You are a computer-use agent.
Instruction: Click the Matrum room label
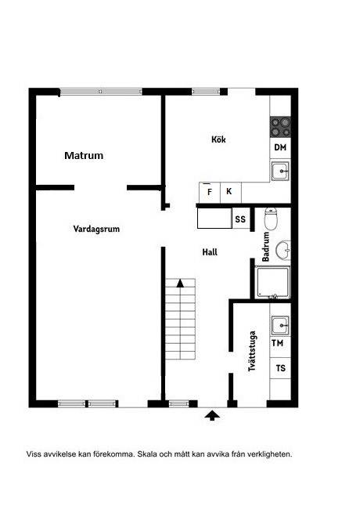click(84, 155)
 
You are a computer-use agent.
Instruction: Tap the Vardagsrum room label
click(96, 229)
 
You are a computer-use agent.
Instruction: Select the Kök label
click(218, 139)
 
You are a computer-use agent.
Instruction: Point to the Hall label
click(210, 252)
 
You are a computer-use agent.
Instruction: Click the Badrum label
click(266, 247)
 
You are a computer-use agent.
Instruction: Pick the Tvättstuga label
click(252, 351)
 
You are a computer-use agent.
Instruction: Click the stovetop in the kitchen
click(280, 127)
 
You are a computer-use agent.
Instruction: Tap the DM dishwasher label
click(280, 147)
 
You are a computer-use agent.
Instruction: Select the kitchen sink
click(280, 171)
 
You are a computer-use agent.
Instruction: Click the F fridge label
click(210, 192)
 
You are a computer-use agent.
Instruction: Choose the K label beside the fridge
click(229, 191)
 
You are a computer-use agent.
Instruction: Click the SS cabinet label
click(240, 219)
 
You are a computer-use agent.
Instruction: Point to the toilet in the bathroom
click(271, 219)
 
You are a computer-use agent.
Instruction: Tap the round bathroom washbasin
click(283, 250)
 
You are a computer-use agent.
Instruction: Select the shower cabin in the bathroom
click(273, 283)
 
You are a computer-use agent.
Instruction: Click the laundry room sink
click(280, 325)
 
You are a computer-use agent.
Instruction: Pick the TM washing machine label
click(277, 343)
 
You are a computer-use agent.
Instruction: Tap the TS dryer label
click(280, 368)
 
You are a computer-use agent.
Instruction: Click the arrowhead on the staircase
click(180, 283)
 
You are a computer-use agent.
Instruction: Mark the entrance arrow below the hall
click(212, 415)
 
